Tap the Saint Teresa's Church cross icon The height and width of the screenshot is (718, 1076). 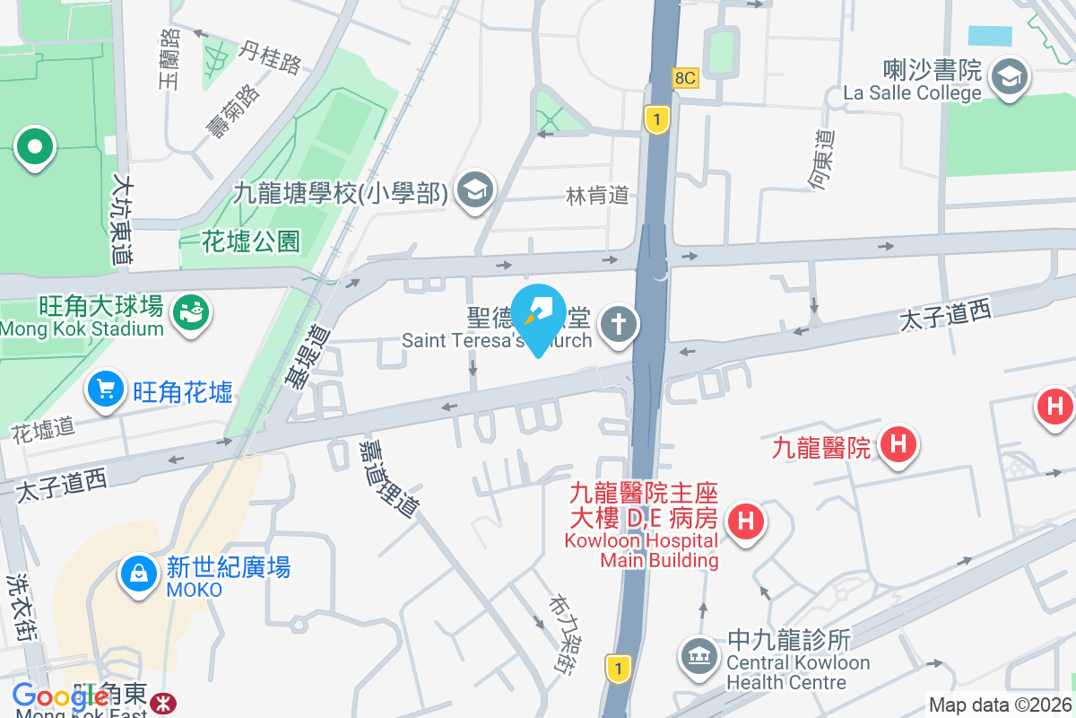pos(618,323)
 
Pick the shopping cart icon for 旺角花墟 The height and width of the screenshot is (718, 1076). pos(107,390)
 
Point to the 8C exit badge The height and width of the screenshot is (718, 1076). pos(685,78)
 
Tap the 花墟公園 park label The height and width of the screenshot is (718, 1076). pos(251,241)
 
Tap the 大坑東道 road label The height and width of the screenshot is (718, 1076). pos(122,219)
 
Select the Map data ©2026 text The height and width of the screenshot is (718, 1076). pos(1000,705)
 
